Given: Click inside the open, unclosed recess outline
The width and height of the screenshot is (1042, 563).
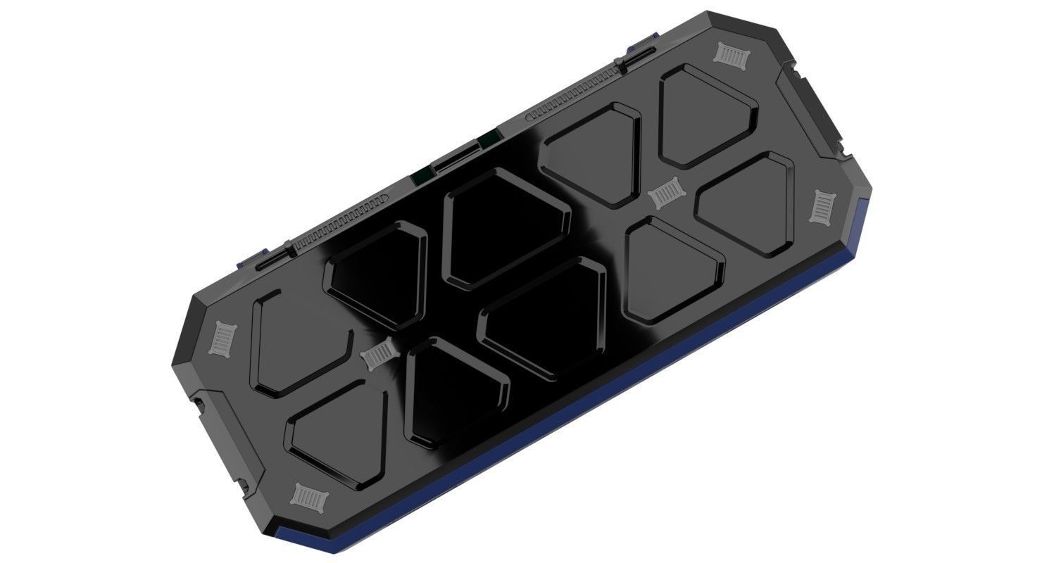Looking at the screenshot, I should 296,338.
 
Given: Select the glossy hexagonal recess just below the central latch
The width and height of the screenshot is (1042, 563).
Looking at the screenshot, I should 503,225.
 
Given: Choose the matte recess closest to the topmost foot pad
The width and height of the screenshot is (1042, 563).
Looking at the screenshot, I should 708,116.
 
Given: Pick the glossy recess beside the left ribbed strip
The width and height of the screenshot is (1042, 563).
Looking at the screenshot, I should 377,274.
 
